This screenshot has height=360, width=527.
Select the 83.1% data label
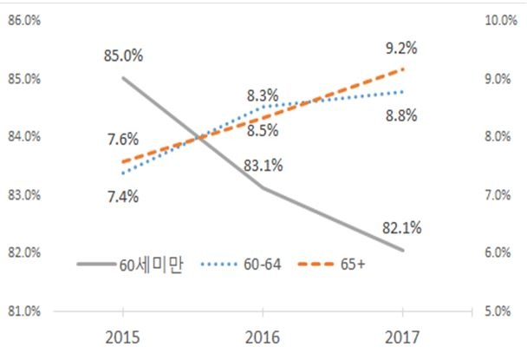pyautogui.click(x=262, y=165)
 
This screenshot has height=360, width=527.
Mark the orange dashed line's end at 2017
pyautogui.click(x=402, y=69)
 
